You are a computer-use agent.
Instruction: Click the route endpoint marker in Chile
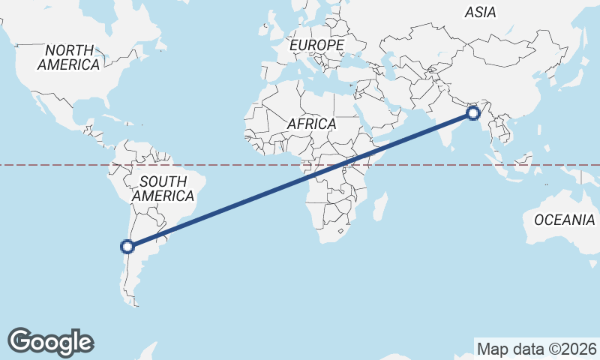point(127,246)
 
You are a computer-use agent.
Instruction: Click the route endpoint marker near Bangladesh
point(473,113)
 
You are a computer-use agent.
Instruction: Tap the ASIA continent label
point(480,12)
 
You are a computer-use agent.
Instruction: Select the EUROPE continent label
point(316,46)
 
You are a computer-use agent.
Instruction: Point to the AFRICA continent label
point(311,124)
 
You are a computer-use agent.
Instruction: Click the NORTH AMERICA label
point(69,58)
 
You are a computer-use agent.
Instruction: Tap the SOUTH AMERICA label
point(163,188)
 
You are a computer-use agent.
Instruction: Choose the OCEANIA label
point(563,220)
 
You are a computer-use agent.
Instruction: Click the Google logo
point(50,341)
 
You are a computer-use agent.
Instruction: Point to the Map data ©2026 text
point(537,349)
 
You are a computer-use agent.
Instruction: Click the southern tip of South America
point(136,303)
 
